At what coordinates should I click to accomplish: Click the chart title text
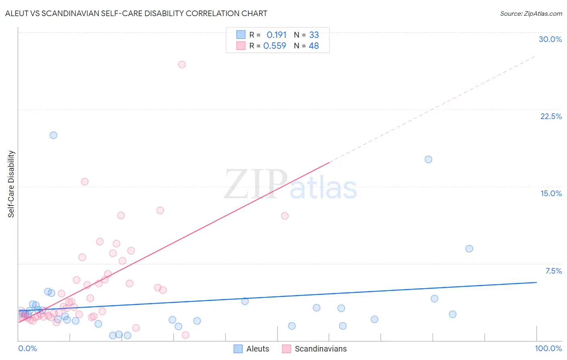[x=136, y=13]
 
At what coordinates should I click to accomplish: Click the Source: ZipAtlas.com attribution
[x=531, y=13]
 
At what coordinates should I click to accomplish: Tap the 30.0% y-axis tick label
[x=550, y=39]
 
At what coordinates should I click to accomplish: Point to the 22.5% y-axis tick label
[x=551, y=116]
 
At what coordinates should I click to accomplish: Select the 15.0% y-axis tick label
[x=551, y=193]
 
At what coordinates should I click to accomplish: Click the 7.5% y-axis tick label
[x=553, y=271]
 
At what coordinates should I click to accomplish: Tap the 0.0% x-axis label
[x=27, y=348]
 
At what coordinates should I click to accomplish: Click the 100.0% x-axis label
[x=548, y=348]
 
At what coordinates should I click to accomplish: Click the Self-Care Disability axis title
[x=11, y=184]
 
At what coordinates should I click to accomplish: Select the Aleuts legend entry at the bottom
[x=252, y=349]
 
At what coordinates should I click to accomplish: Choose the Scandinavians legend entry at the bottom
[x=315, y=349]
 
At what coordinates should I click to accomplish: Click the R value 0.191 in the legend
[x=276, y=35]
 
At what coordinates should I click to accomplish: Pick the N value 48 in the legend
[x=314, y=46]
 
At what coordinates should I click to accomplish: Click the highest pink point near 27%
[x=182, y=65]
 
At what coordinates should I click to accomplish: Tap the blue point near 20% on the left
[x=53, y=135]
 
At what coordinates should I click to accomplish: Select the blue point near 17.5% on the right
[x=428, y=159]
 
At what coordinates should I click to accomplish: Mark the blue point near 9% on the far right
[x=469, y=249]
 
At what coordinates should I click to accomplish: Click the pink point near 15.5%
[x=85, y=182]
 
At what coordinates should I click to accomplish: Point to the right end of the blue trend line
[x=536, y=283]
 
